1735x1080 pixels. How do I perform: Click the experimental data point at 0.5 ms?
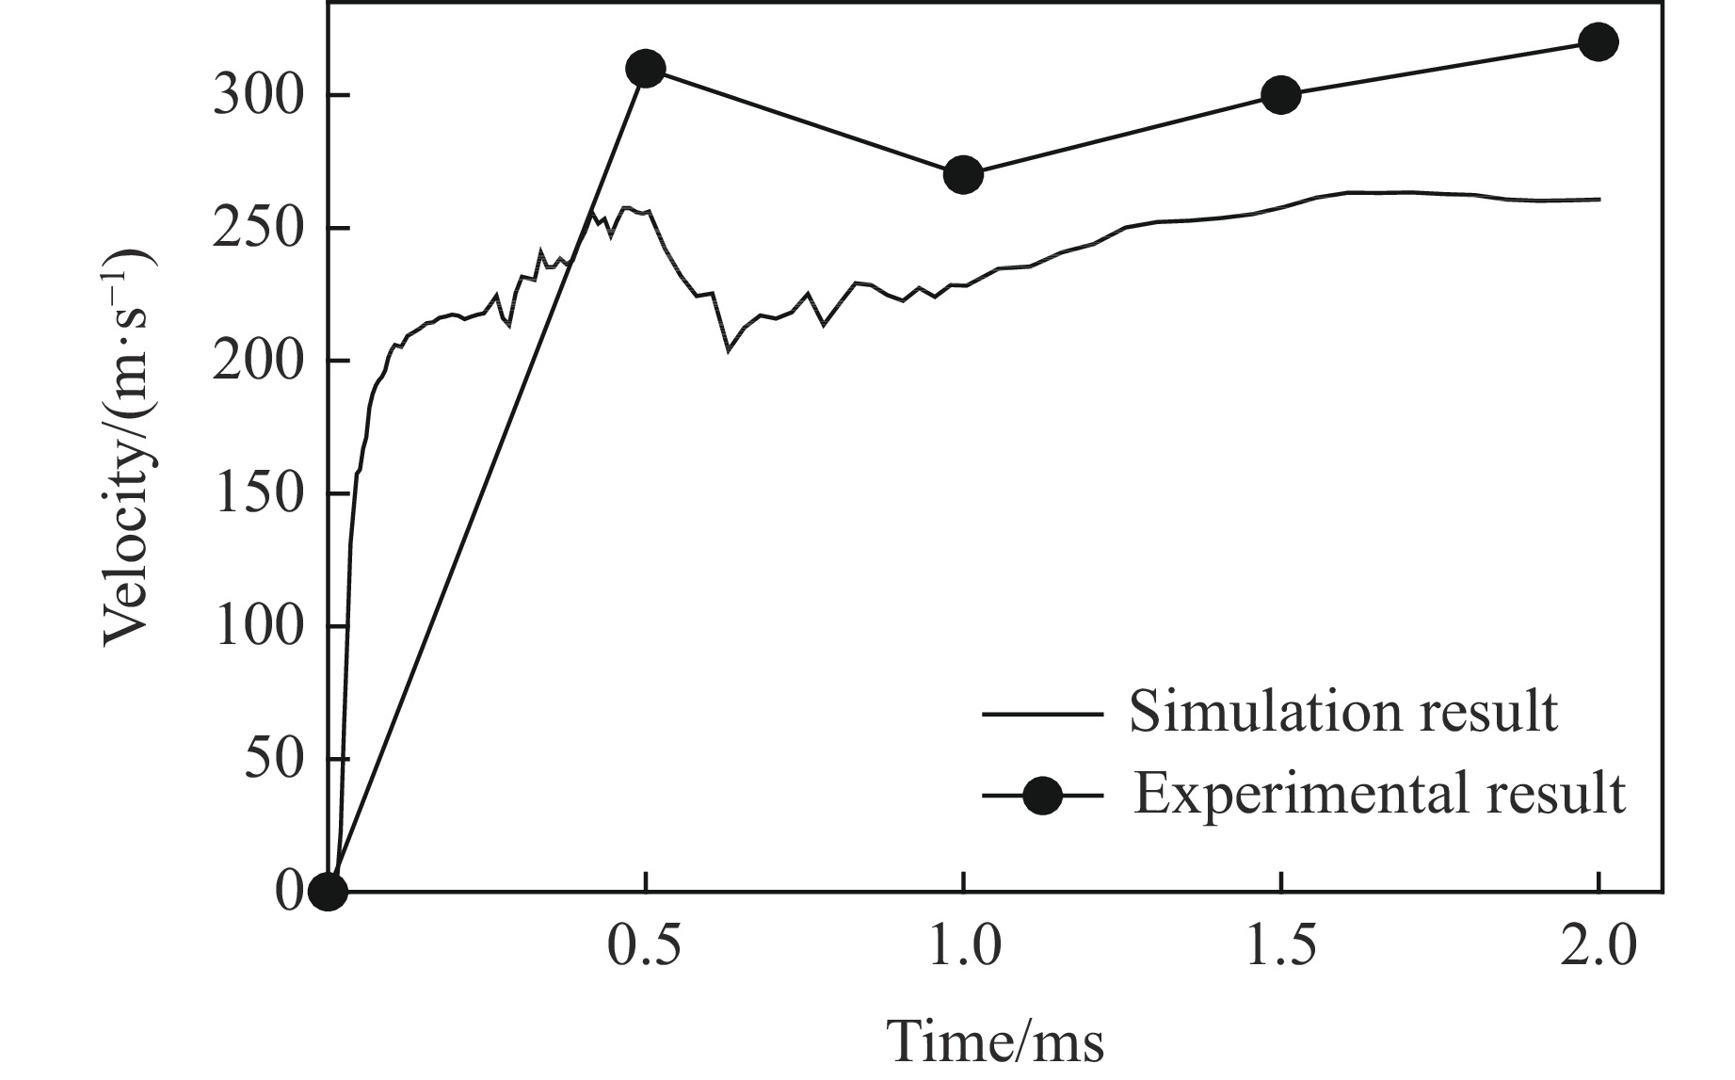[x=646, y=69]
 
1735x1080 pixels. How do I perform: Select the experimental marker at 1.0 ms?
[x=962, y=174]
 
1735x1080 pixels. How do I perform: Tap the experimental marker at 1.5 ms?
[x=1280, y=94]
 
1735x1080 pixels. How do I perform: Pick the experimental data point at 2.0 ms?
[x=1598, y=42]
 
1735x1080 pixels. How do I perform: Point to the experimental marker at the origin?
[x=328, y=890]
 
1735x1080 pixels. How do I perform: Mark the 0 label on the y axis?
[x=288, y=891]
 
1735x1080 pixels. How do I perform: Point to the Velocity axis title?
[x=127, y=447]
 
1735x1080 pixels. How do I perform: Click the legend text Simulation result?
[x=1343, y=712]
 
